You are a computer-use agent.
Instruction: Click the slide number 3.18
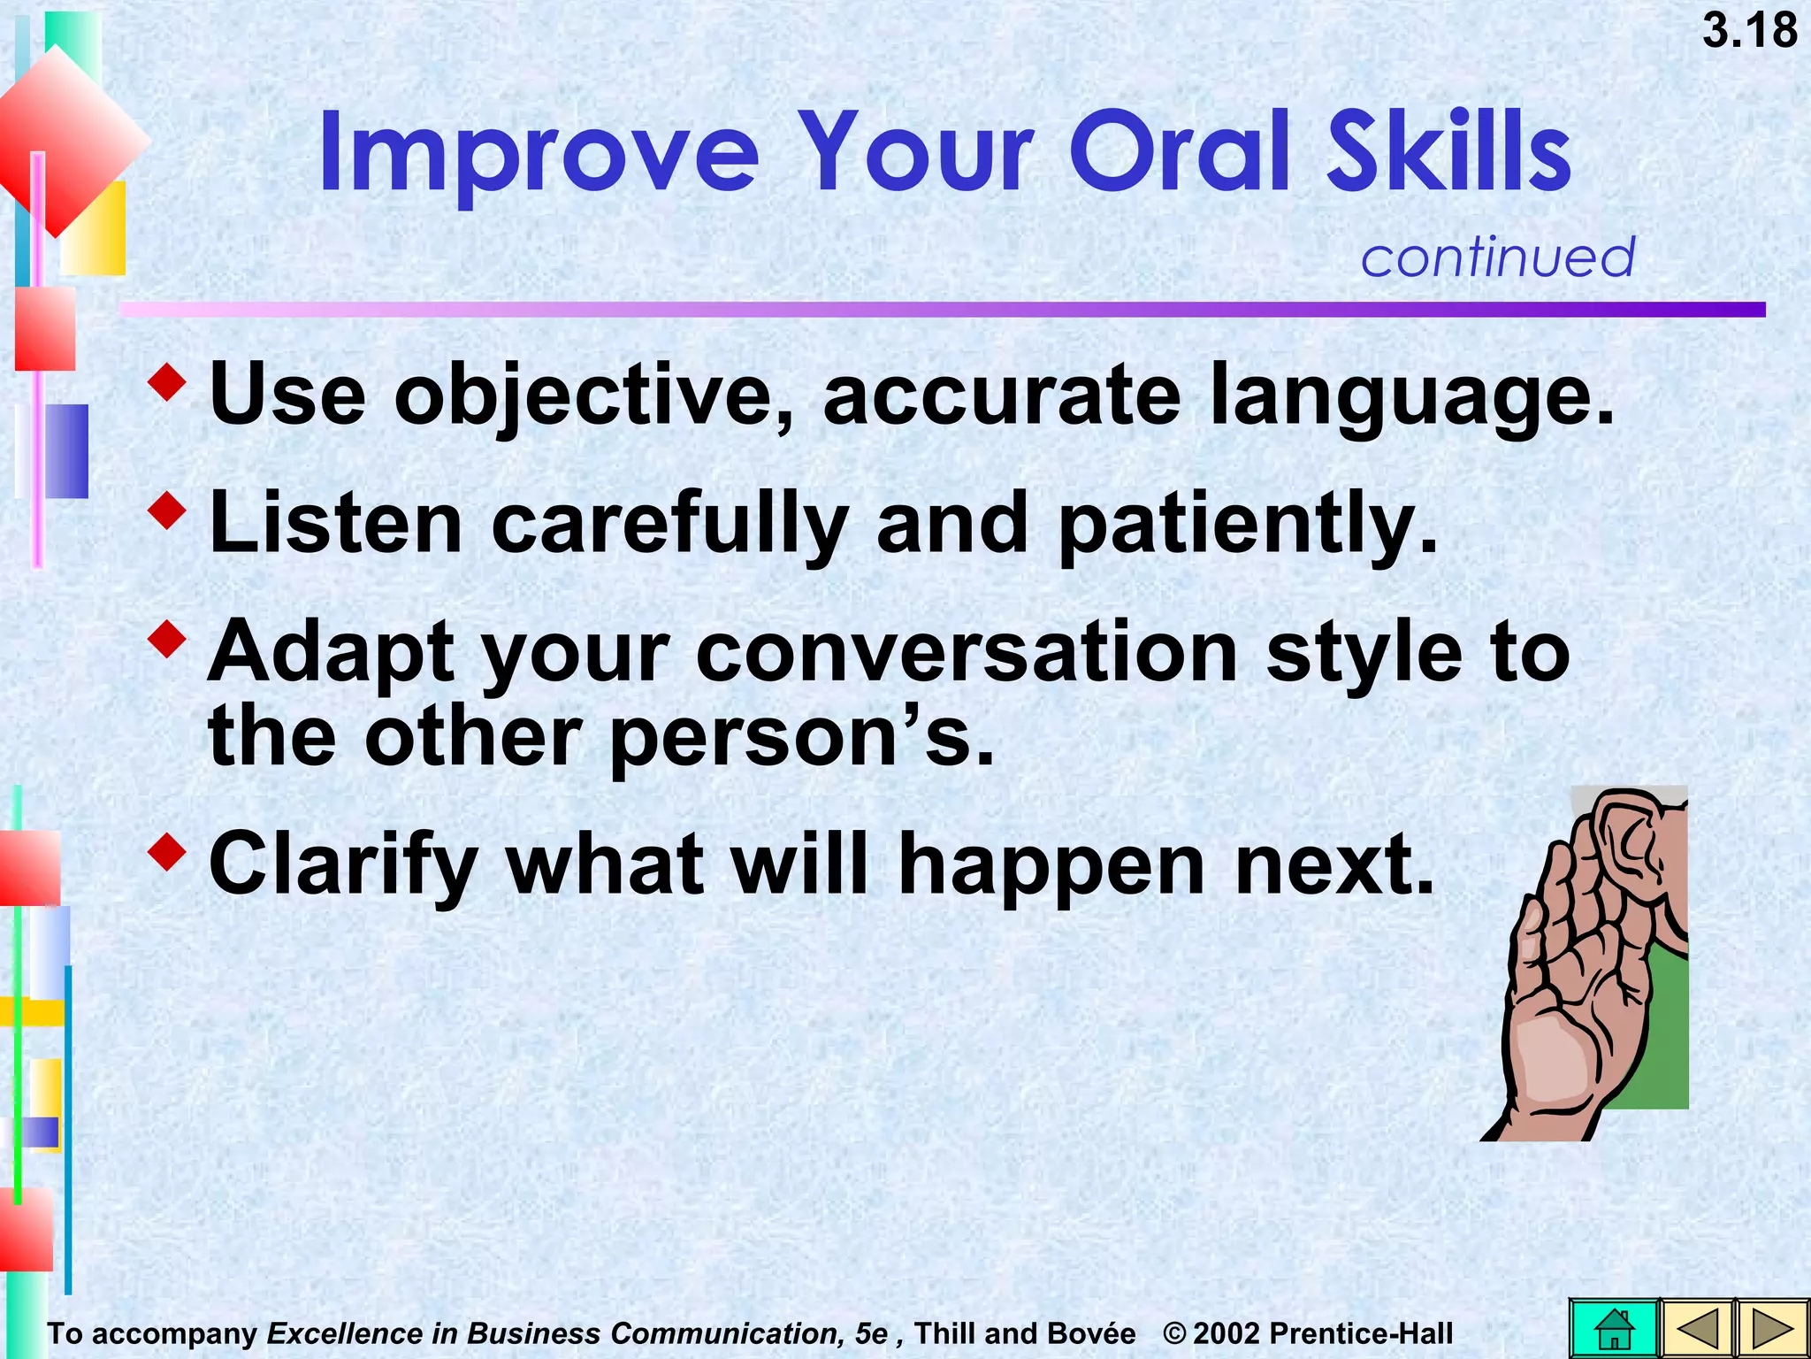pos(1749,31)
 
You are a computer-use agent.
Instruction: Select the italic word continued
pos(1497,257)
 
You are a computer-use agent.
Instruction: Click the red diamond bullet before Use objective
pos(167,381)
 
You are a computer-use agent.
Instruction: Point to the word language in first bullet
pos(1411,395)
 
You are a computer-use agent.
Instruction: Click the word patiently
pos(1247,525)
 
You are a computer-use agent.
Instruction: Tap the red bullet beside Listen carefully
pos(167,511)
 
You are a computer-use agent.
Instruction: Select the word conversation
pos(967,653)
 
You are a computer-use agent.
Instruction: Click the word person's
pos(800,738)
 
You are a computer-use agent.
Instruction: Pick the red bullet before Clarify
pos(167,851)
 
